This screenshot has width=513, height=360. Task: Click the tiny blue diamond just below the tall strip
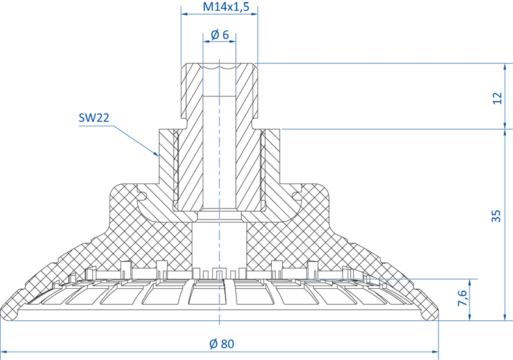(x=219, y=212)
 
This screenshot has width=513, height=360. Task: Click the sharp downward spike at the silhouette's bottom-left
(x=6, y=324)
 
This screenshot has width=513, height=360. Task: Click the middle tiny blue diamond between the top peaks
(x=219, y=64)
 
